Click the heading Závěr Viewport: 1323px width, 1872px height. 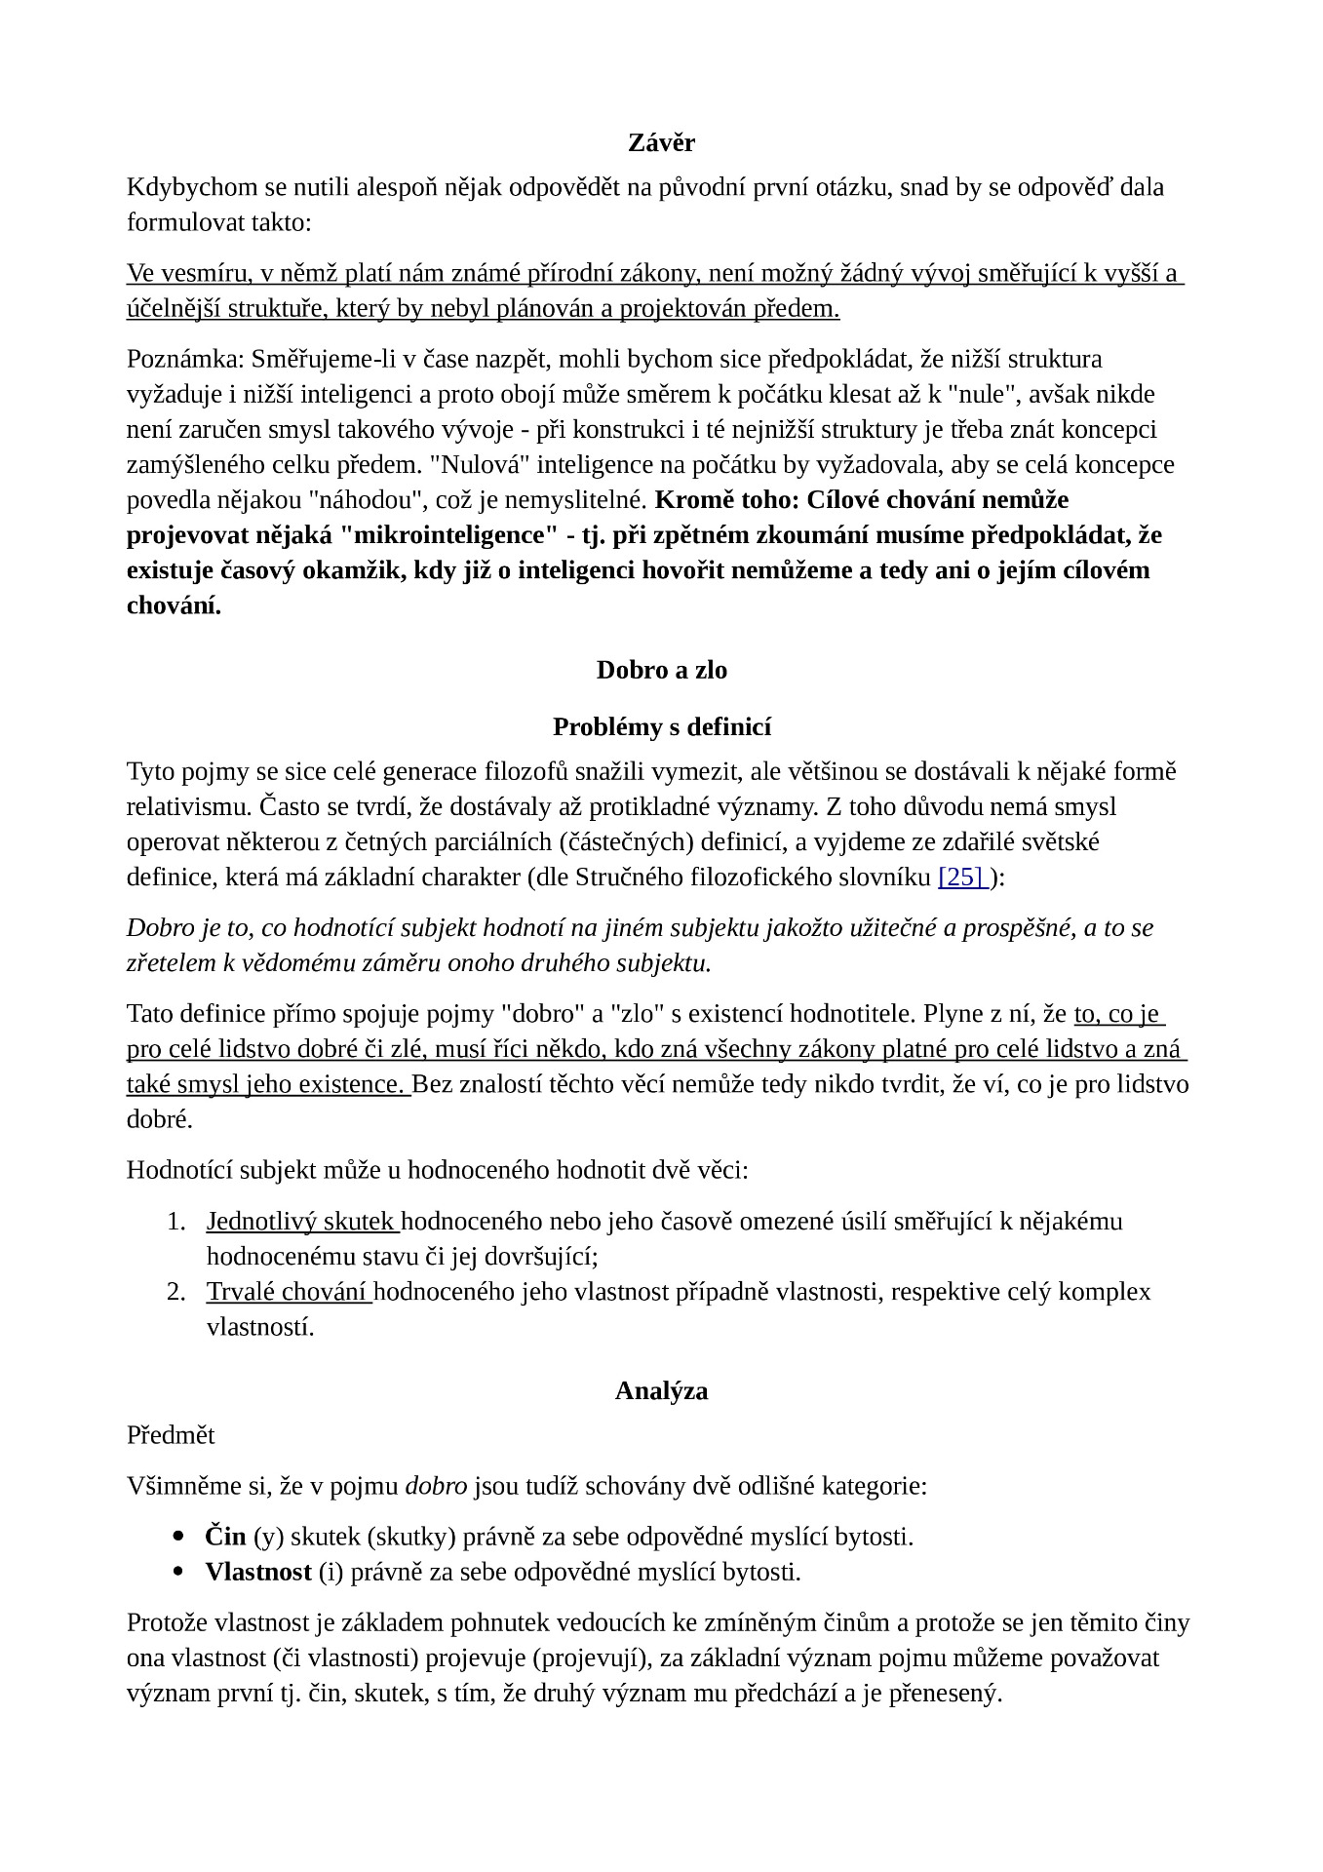(661, 143)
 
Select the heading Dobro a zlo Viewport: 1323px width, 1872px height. (661, 670)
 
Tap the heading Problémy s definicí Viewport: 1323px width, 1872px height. (661, 726)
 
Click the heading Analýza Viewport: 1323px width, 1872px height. (661, 1390)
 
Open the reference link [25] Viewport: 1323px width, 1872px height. (961, 877)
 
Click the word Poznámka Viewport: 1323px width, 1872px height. (182, 359)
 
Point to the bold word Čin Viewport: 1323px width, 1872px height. (225, 1537)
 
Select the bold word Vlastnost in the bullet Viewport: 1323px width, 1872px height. (258, 1572)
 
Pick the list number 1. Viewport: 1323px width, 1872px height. (175, 1222)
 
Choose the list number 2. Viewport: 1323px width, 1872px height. (175, 1292)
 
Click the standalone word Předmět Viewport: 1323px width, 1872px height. (171, 1435)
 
